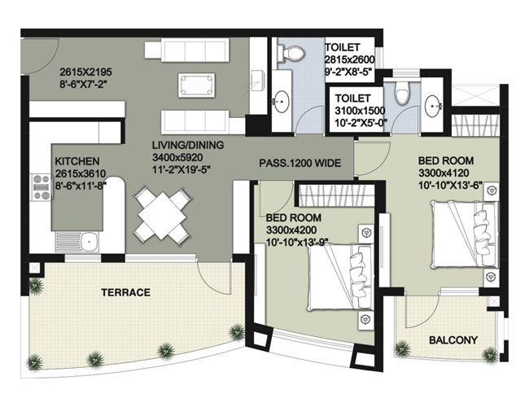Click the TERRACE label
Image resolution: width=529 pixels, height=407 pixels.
(126, 292)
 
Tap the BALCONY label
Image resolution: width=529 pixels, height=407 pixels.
(453, 339)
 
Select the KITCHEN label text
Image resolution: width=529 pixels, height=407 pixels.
(77, 161)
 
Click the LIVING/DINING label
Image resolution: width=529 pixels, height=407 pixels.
(187, 145)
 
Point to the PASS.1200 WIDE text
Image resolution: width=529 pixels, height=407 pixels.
(300, 164)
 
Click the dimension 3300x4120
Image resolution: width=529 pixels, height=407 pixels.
(444, 173)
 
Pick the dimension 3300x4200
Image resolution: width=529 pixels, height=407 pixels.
(291, 230)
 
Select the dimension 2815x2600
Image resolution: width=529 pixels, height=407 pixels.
(349, 59)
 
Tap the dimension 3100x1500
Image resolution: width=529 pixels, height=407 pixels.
(360, 111)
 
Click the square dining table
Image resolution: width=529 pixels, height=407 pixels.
(163, 213)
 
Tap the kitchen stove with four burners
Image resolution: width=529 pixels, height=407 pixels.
(42, 187)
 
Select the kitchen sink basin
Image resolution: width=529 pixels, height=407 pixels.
(89, 242)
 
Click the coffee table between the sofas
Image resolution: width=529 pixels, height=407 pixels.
(196, 85)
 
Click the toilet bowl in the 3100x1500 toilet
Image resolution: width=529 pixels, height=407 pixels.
(402, 92)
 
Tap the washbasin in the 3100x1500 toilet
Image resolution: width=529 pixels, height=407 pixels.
(433, 106)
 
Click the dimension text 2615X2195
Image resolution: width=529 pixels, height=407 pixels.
(85, 72)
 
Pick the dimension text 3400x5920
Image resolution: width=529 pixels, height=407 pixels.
(177, 158)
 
